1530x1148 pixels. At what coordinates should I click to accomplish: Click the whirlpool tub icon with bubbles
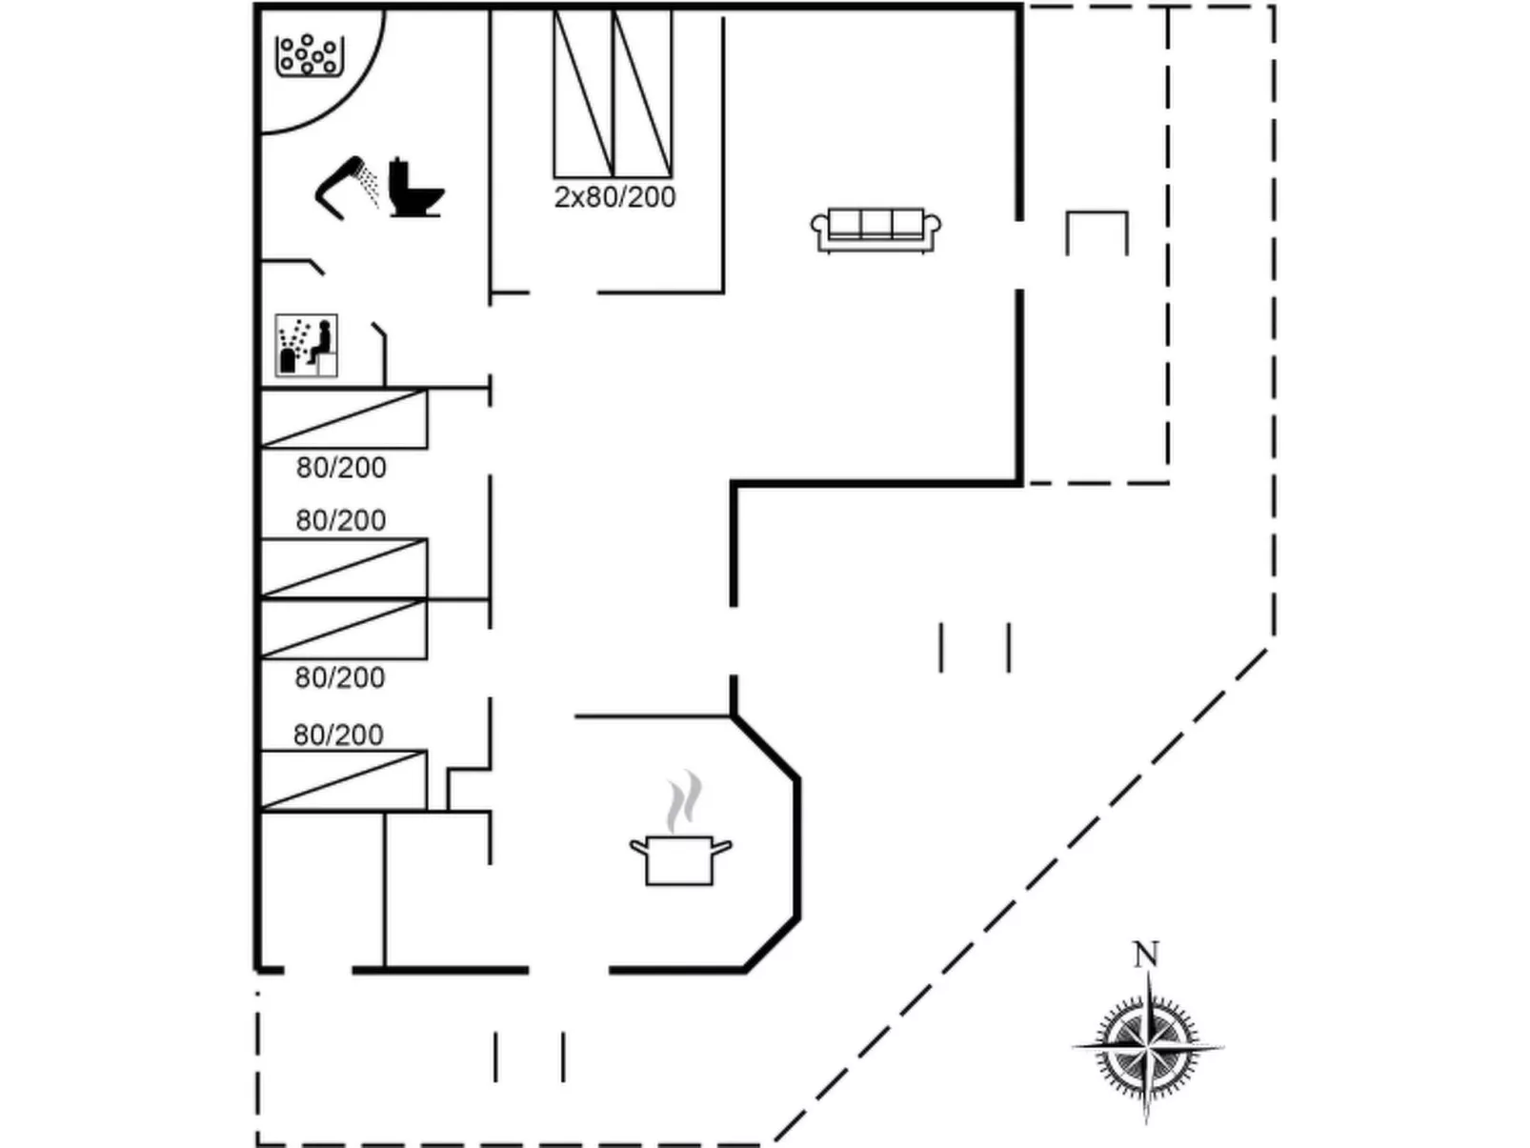tap(309, 55)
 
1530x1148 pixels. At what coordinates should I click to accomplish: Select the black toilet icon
tap(414, 189)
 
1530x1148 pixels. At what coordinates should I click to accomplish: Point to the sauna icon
tap(306, 345)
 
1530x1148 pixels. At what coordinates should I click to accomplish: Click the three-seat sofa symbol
tap(876, 230)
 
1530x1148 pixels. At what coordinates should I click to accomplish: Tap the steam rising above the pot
tap(684, 801)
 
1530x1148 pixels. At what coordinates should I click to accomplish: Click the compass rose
tap(1147, 1046)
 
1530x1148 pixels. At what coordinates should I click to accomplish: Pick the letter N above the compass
tap(1146, 954)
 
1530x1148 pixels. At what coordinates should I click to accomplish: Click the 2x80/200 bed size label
tap(614, 197)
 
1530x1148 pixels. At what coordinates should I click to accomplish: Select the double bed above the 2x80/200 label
tap(614, 92)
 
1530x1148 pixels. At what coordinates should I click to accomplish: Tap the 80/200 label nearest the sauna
tap(341, 468)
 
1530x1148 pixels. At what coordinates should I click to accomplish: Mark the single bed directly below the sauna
tap(343, 418)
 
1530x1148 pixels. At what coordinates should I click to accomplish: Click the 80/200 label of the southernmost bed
tap(338, 735)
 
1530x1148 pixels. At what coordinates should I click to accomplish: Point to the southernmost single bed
tap(343, 780)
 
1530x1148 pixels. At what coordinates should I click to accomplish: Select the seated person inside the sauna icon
tap(321, 341)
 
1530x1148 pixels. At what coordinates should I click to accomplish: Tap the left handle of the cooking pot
tap(637, 845)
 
